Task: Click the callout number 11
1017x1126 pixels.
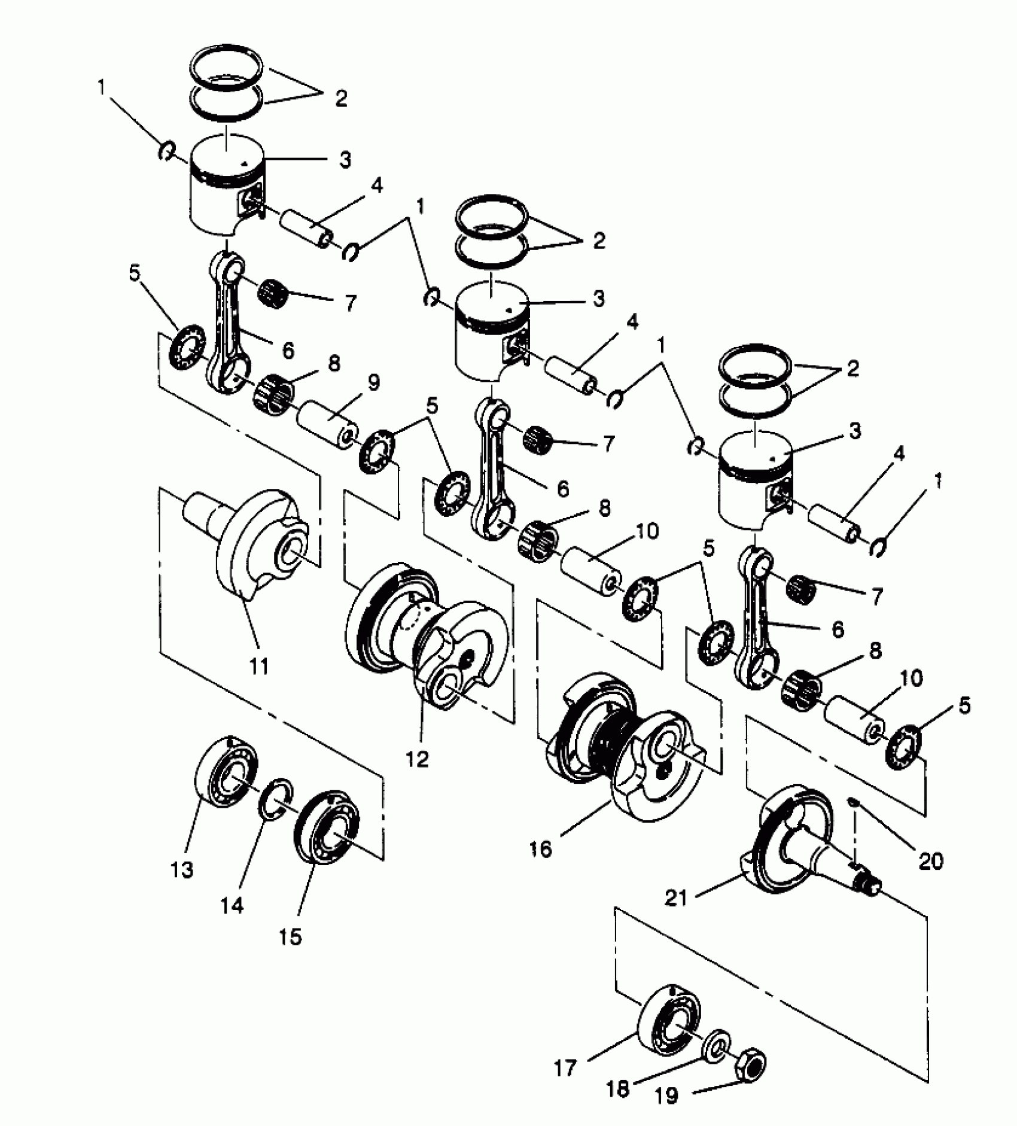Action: coord(258,666)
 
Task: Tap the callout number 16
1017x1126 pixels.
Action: coord(541,849)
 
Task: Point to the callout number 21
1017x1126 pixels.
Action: coord(676,897)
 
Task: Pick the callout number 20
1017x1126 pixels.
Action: coord(931,861)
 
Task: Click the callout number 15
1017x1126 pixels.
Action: coord(290,937)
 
